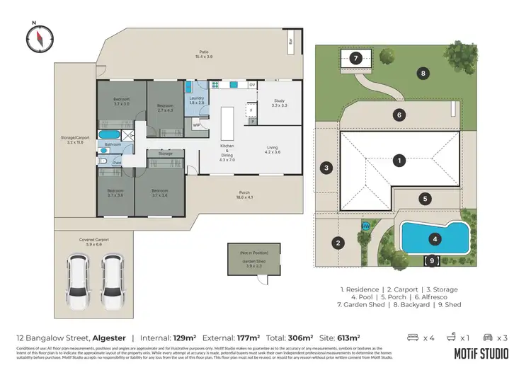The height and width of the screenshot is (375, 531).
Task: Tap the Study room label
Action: coord(279,103)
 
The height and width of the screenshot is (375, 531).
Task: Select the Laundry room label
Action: coord(197,101)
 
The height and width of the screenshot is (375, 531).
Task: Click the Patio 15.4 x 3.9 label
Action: coord(203,54)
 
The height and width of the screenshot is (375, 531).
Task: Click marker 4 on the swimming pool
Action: coord(435,239)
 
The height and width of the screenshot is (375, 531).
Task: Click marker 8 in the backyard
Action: coord(423,73)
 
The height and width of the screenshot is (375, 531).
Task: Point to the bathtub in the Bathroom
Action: coord(109,134)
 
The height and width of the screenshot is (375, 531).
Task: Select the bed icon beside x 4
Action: coord(413,337)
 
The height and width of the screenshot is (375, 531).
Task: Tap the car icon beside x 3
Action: coord(487,337)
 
